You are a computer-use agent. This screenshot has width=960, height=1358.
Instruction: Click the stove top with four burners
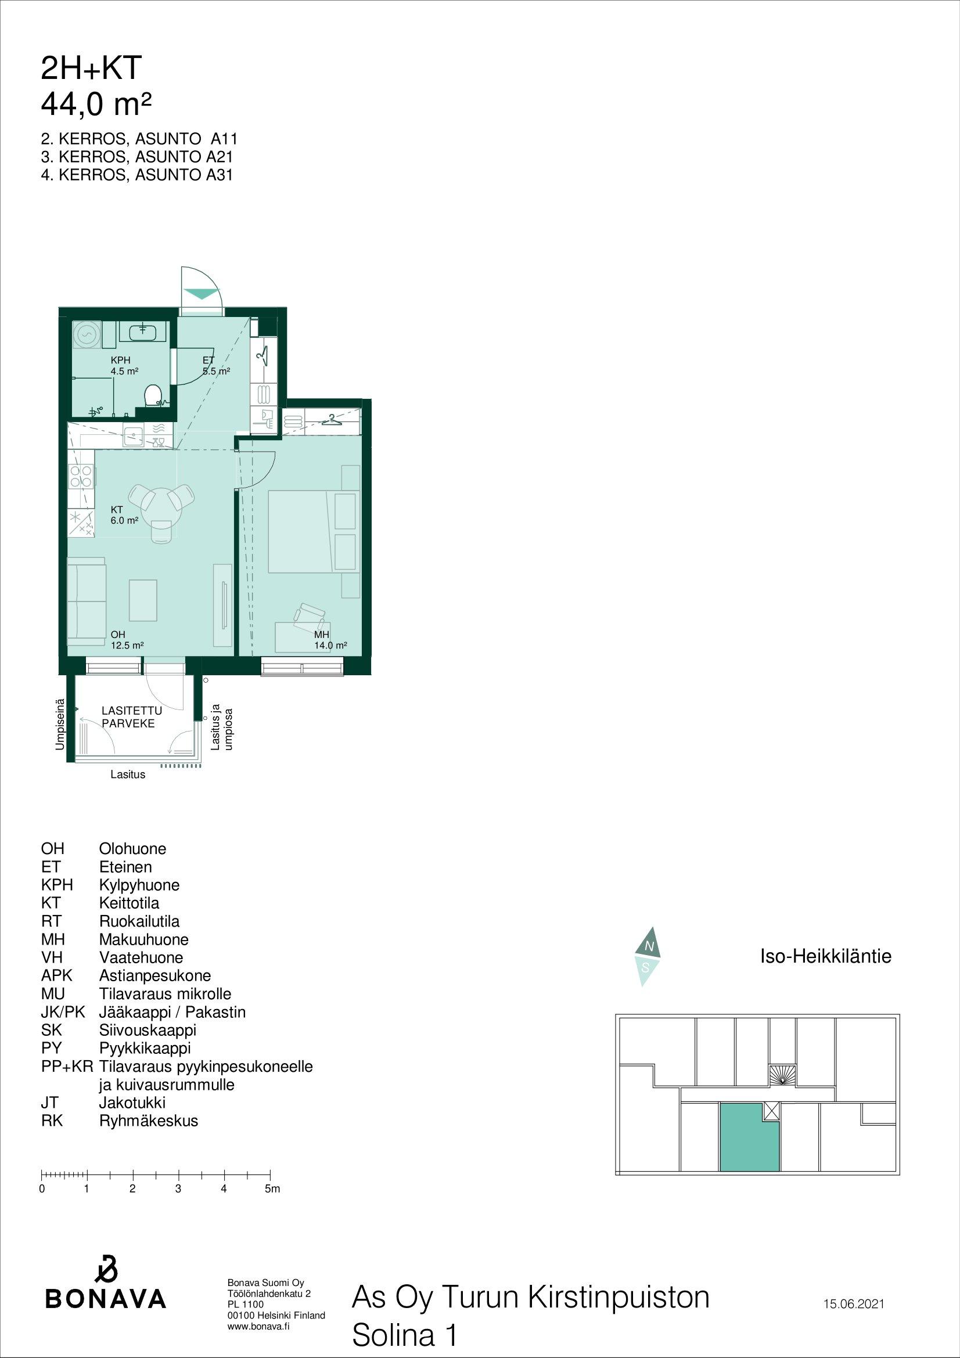coord(82,476)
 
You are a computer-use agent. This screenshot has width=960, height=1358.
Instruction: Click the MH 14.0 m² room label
coord(330,640)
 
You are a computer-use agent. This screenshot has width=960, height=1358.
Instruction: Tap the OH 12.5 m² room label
coord(127,640)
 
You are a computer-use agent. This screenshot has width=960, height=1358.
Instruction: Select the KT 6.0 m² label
coord(125,515)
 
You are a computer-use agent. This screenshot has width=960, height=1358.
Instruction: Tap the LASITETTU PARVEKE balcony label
coord(128,717)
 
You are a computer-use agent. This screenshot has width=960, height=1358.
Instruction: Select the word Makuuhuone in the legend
coord(143,939)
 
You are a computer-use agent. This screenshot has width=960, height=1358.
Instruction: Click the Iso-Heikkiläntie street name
coord(825,956)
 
